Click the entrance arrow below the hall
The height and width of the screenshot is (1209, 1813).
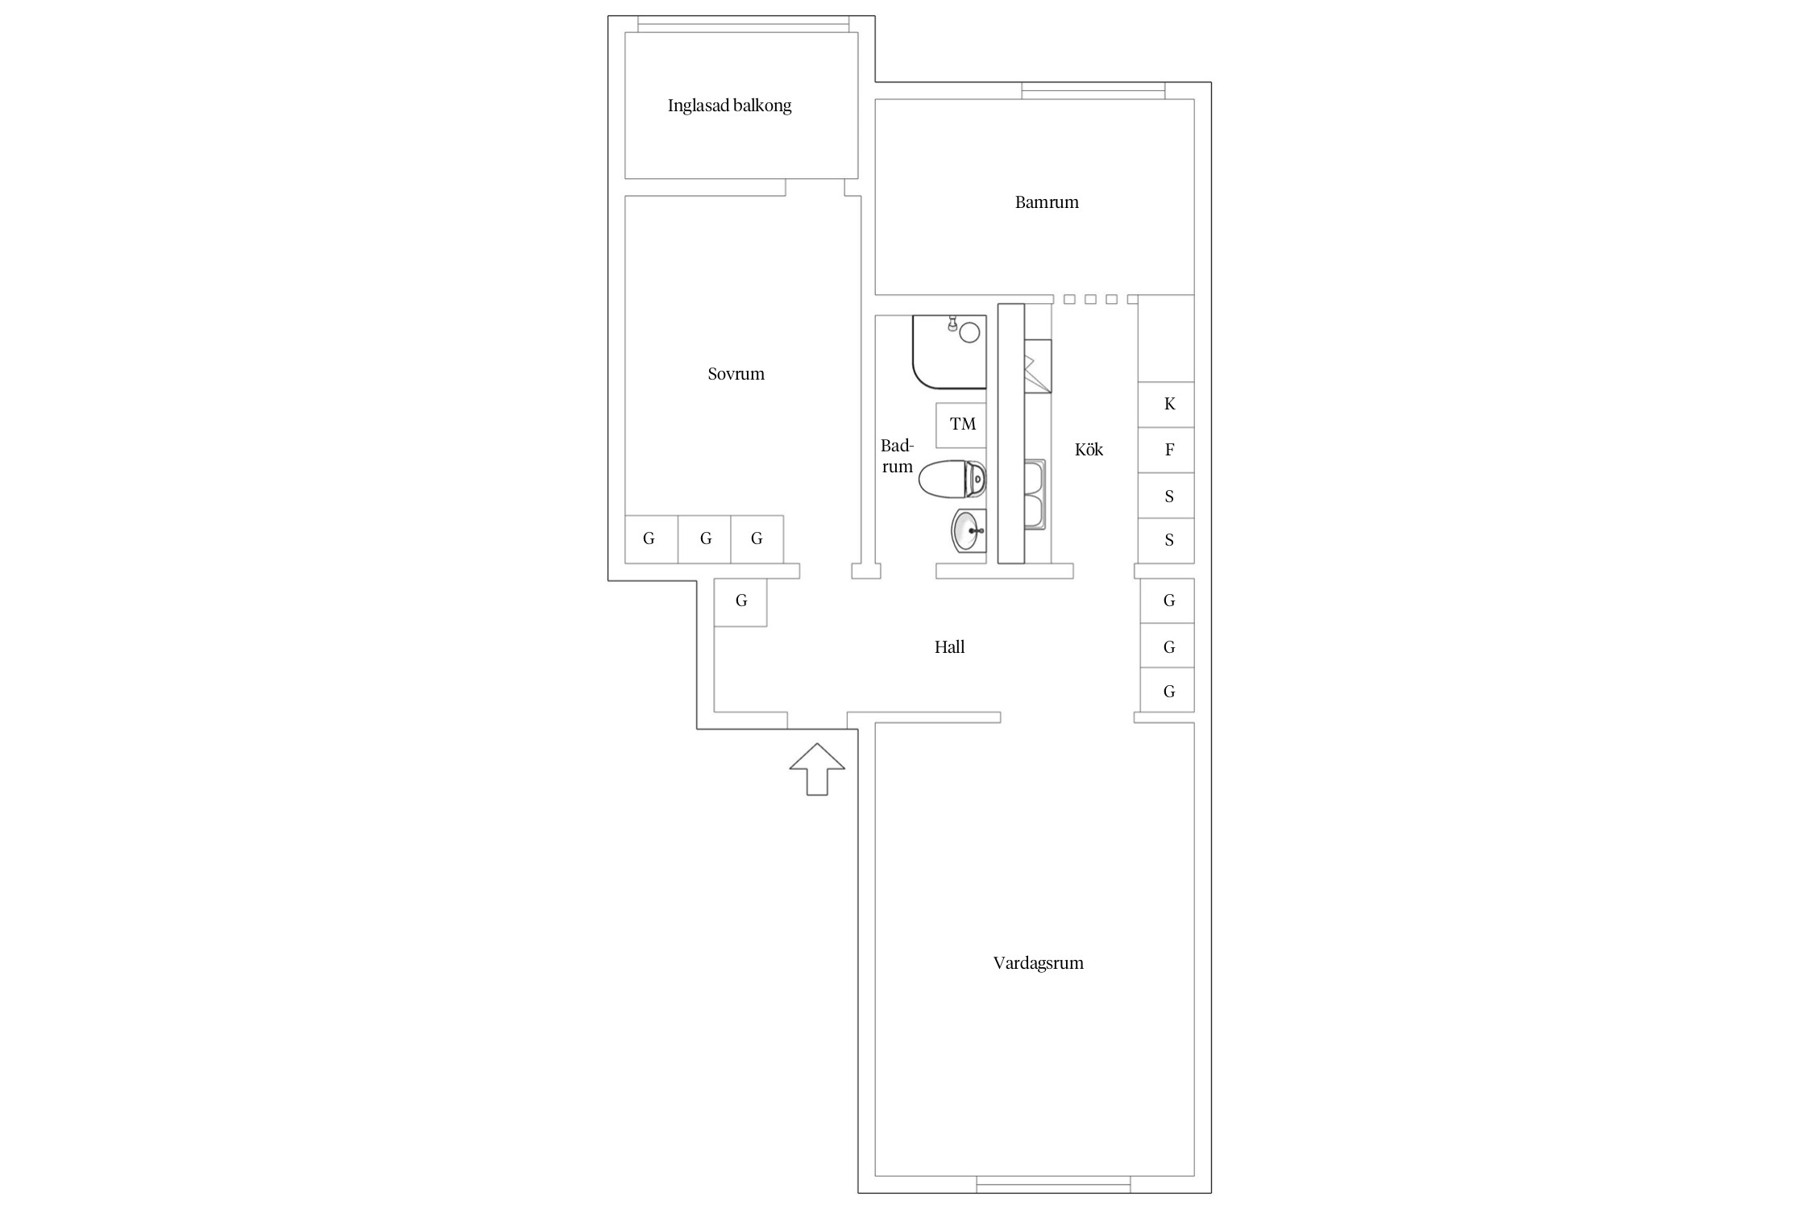(x=817, y=769)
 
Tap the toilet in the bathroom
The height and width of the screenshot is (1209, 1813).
(x=952, y=480)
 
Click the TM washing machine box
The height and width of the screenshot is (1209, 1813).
(x=961, y=425)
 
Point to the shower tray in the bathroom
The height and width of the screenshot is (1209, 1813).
(x=949, y=352)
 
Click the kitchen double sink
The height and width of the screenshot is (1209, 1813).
(x=1035, y=494)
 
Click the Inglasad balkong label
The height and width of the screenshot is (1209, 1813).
(x=729, y=106)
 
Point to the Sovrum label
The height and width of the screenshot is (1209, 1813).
(x=736, y=374)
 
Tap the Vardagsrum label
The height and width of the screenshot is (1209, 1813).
(x=1038, y=963)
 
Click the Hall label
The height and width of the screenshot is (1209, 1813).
(x=949, y=646)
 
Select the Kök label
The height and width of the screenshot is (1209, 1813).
(x=1089, y=450)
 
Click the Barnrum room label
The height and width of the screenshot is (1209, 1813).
(x=1047, y=202)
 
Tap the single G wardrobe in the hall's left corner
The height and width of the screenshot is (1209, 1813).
(x=741, y=602)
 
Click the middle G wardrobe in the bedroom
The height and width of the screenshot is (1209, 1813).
(x=704, y=539)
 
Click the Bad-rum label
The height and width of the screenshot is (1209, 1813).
(x=897, y=456)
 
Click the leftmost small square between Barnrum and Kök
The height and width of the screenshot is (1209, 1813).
(x=1069, y=300)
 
